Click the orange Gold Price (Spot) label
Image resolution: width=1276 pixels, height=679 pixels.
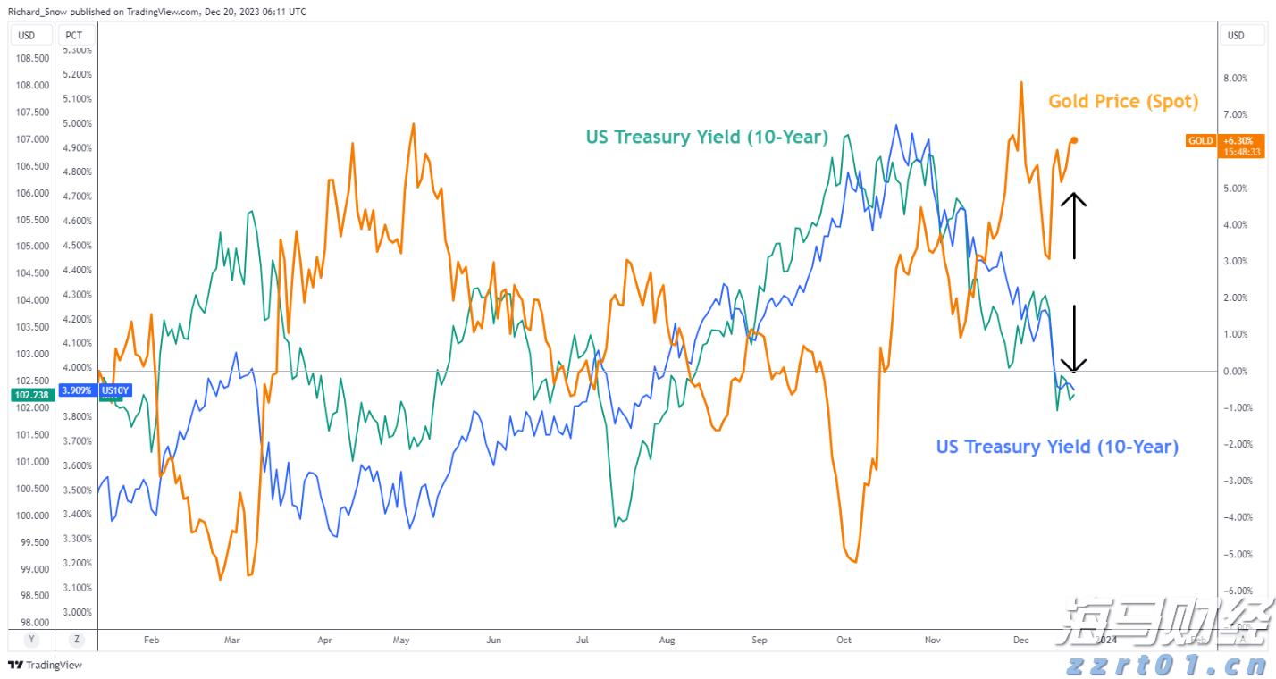click(x=1123, y=102)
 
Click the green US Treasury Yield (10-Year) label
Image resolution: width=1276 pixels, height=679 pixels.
click(x=707, y=138)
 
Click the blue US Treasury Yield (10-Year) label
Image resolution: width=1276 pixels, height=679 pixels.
click(x=1057, y=447)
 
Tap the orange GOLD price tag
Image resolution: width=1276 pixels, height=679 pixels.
click(x=1201, y=141)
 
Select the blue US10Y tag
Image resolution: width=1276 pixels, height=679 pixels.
click(x=116, y=390)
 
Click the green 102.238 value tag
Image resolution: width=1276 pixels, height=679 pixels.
click(x=29, y=394)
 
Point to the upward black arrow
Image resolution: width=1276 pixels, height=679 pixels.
click(x=1073, y=226)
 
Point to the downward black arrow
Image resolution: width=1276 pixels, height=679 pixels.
click(x=1073, y=339)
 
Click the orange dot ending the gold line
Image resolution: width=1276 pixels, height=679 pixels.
click(x=1074, y=140)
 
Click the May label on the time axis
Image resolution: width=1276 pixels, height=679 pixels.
click(x=401, y=640)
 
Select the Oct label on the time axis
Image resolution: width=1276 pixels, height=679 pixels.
click(x=844, y=640)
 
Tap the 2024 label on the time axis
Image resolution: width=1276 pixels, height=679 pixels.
click(x=1106, y=640)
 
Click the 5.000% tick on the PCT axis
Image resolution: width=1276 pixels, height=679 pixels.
click(x=78, y=123)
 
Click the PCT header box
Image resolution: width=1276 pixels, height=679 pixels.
click(x=74, y=36)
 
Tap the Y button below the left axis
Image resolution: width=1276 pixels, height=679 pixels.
click(x=31, y=639)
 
